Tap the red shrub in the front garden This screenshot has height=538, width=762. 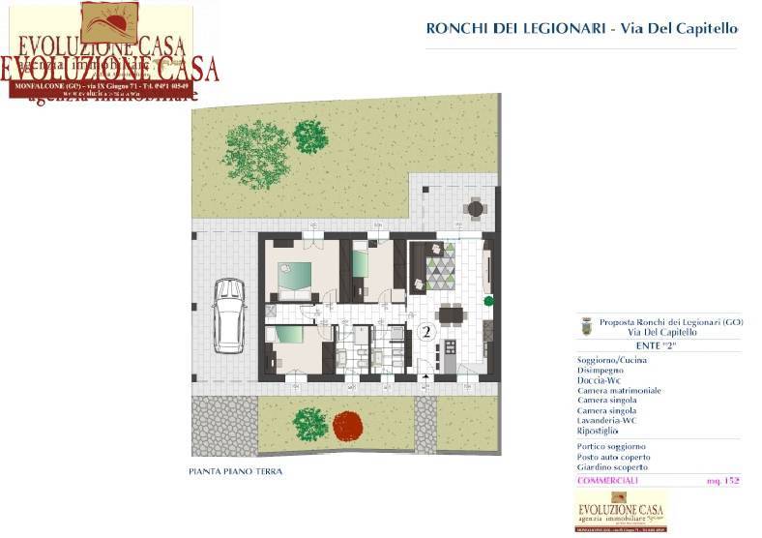click(x=347, y=426)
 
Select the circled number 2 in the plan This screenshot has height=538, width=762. click(x=425, y=332)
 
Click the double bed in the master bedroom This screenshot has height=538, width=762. click(x=295, y=278)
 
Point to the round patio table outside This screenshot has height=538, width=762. click(x=474, y=207)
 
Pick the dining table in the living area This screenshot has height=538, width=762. click(x=451, y=314)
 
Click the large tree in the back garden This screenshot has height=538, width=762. click(x=256, y=152)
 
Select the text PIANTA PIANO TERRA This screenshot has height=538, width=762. click(x=236, y=472)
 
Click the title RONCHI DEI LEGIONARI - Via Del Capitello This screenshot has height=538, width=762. click(x=581, y=29)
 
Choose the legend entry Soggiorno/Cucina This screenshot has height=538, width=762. click(x=612, y=361)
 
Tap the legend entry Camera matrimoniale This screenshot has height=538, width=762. click(x=619, y=391)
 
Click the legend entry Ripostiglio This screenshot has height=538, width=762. click(x=600, y=431)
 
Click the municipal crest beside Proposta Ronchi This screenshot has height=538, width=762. click(x=585, y=327)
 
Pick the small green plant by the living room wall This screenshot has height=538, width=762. click(x=489, y=299)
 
